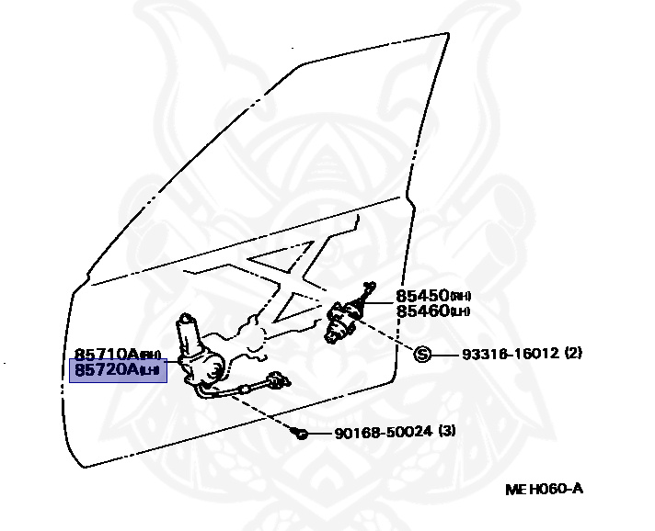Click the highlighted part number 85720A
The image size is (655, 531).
pos(106,369)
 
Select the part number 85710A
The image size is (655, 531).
pos(106,354)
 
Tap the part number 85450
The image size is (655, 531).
pos(422,296)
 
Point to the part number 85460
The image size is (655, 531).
pos(422,311)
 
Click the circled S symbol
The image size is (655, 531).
pos(423,354)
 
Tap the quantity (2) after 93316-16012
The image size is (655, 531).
pos(573,353)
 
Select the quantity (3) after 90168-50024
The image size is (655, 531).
pos(446,431)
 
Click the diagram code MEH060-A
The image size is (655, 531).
pos(544,489)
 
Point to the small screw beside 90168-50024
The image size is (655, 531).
pos(301,432)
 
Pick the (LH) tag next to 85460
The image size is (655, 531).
pos(460,312)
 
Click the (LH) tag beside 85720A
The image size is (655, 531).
pos(149,371)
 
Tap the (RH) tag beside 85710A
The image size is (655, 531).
pos(150,356)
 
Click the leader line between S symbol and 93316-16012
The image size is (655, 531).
pos(446,354)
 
